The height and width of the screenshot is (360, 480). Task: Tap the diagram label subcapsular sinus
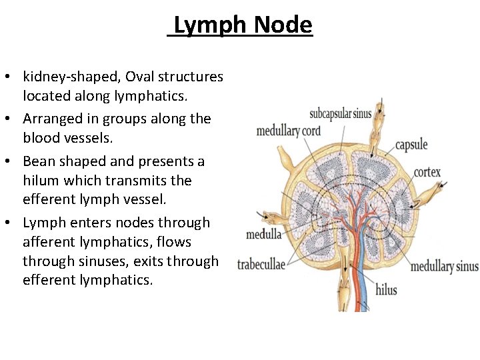pyautogui.click(x=340, y=113)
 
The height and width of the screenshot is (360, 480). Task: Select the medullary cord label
pyautogui.click(x=289, y=130)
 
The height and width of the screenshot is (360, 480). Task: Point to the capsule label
pyautogui.click(x=411, y=145)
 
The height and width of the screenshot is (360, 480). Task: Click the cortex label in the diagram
pyautogui.click(x=427, y=172)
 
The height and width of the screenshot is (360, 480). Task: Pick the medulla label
pyautogui.click(x=263, y=234)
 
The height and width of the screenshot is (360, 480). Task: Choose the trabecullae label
pyautogui.click(x=261, y=265)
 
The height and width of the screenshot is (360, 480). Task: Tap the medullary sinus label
pyautogui.click(x=444, y=267)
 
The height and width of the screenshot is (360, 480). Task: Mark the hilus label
pyautogui.click(x=386, y=290)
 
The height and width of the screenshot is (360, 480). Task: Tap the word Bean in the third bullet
pyautogui.click(x=39, y=161)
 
